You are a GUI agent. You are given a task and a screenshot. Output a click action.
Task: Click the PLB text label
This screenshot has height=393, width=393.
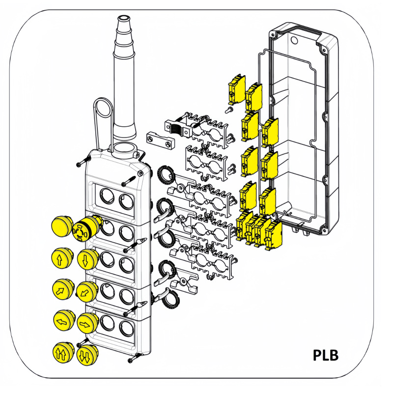coord(326,355)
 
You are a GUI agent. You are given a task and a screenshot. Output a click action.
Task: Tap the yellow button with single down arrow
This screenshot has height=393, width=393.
coord(87,259)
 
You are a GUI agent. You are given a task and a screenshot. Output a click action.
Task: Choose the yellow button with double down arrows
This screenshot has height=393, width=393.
coord(87,355)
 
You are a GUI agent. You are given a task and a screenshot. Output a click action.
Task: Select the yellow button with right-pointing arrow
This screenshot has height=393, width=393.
coord(87,323)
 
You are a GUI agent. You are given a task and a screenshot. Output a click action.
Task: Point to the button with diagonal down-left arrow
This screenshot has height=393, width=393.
coord(87,292)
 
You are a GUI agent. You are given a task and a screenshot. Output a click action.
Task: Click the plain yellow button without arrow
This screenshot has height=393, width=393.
coord(62,226)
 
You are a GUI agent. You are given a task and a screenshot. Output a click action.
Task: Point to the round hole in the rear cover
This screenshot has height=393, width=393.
coord(294,40)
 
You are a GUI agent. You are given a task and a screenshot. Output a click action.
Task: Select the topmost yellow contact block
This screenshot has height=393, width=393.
coord(237,89)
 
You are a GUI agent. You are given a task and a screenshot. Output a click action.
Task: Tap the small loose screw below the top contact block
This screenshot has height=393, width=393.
coord(229,110)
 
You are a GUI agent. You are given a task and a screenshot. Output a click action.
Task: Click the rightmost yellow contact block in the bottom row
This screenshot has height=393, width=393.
coord(274,236)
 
